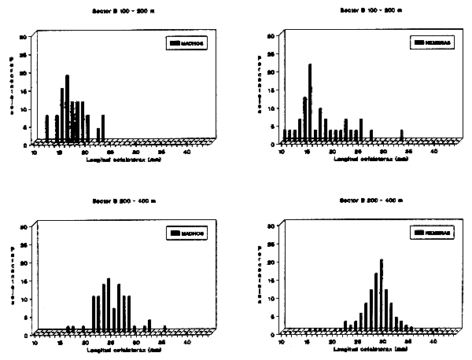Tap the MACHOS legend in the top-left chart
186,43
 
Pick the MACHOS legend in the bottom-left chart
186,233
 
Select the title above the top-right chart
370,10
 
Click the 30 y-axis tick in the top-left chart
25,36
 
